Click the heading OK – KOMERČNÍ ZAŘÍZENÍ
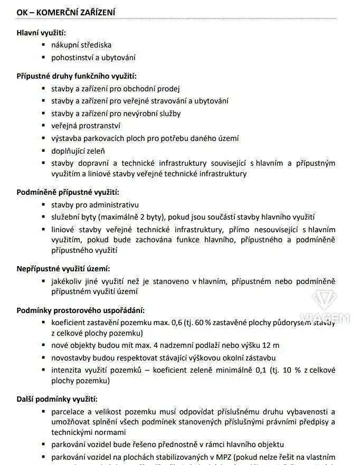point(67,12)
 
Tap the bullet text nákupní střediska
point(81,45)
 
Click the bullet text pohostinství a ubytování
point(93,58)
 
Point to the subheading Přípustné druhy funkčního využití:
point(77,76)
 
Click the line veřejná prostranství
point(86,126)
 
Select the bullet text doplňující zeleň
point(74,151)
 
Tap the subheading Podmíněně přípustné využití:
point(68,192)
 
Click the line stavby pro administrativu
point(95,204)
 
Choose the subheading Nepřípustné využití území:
point(63,269)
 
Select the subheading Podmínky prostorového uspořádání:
point(80,310)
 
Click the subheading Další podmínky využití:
point(57,399)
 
